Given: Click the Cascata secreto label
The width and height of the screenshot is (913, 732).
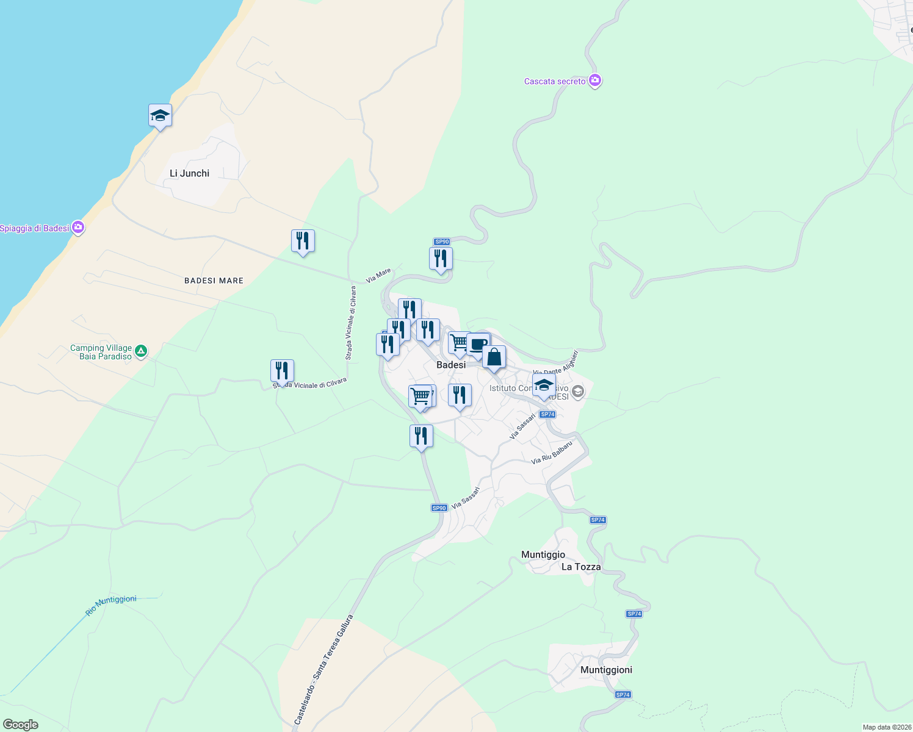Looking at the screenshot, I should click(555, 81).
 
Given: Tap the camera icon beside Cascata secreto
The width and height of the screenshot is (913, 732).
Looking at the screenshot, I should click(595, 81).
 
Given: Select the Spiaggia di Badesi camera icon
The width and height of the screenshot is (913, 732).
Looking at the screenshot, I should click(78, 228).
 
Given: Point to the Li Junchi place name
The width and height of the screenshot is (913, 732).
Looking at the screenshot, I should click(189, 173).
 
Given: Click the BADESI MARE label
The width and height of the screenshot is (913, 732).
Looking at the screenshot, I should click(214, 281).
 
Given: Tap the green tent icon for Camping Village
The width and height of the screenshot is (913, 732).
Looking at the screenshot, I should click(141, 351).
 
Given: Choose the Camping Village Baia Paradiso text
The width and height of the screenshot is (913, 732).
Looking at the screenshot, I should click(101, 352).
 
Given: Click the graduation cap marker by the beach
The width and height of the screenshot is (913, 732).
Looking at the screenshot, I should click(160, 115).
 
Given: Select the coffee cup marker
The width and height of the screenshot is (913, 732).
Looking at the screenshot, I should click(478, 345).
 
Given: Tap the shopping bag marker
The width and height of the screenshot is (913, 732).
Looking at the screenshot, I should click(494, 357).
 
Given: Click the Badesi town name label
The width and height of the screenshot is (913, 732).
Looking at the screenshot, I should click(451, 365).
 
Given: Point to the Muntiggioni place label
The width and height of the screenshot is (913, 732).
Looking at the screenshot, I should click(606, 670).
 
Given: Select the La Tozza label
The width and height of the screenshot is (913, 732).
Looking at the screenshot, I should click(581, 567).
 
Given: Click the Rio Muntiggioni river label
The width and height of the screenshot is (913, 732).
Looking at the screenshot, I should click(111, 605).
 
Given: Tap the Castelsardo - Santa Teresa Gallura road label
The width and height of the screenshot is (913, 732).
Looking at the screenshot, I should click(323, 670).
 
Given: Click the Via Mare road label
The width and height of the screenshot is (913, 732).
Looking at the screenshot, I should click(378, 276).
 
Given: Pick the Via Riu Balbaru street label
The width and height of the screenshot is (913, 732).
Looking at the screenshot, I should click(552, 453).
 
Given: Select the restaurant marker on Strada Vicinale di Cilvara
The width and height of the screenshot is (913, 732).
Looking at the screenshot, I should click(282, 370).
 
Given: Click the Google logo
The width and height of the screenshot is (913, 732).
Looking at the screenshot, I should click(21, 725).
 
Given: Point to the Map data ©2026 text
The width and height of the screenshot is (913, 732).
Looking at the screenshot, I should click(886, 727).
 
